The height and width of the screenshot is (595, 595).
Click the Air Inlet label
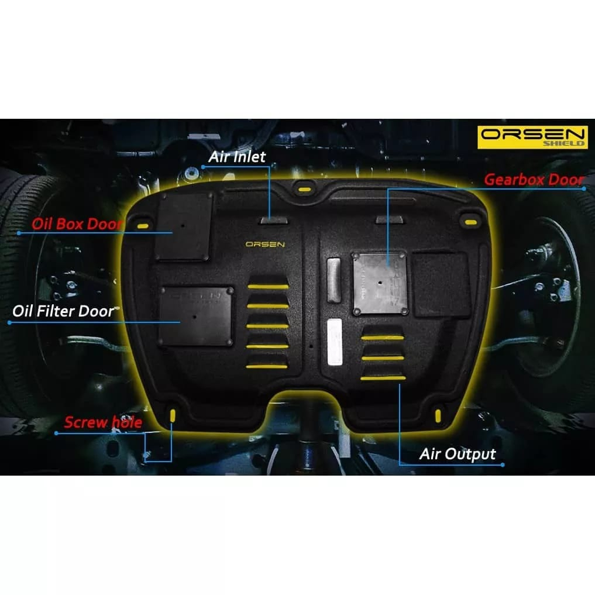click(236, 156)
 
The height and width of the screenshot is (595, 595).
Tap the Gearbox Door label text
click(533, 180)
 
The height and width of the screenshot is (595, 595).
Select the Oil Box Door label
click(77, 224)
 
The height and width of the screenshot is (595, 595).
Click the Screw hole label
click(103, 422)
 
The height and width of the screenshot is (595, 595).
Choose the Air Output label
click(458, 454)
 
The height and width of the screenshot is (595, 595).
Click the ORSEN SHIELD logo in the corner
click(532, 137)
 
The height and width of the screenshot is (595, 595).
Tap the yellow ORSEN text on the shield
click(265, 244)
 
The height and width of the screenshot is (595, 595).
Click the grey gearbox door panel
click(380, 282)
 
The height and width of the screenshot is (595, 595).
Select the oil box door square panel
click(183, 226)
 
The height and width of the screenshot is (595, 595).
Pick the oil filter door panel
click(197, 315)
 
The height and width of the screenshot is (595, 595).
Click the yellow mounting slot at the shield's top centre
click(302, 189)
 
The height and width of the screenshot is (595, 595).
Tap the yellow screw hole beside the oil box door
click(142, 226)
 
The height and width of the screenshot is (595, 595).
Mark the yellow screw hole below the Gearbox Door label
click(470, 221)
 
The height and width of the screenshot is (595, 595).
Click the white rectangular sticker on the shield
click(334, 342)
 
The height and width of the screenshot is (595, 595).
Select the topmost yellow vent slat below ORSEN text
click(267, 287)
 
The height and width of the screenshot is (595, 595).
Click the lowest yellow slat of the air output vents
click(383, 379)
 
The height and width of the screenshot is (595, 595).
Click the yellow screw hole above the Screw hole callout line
click(172, 416)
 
